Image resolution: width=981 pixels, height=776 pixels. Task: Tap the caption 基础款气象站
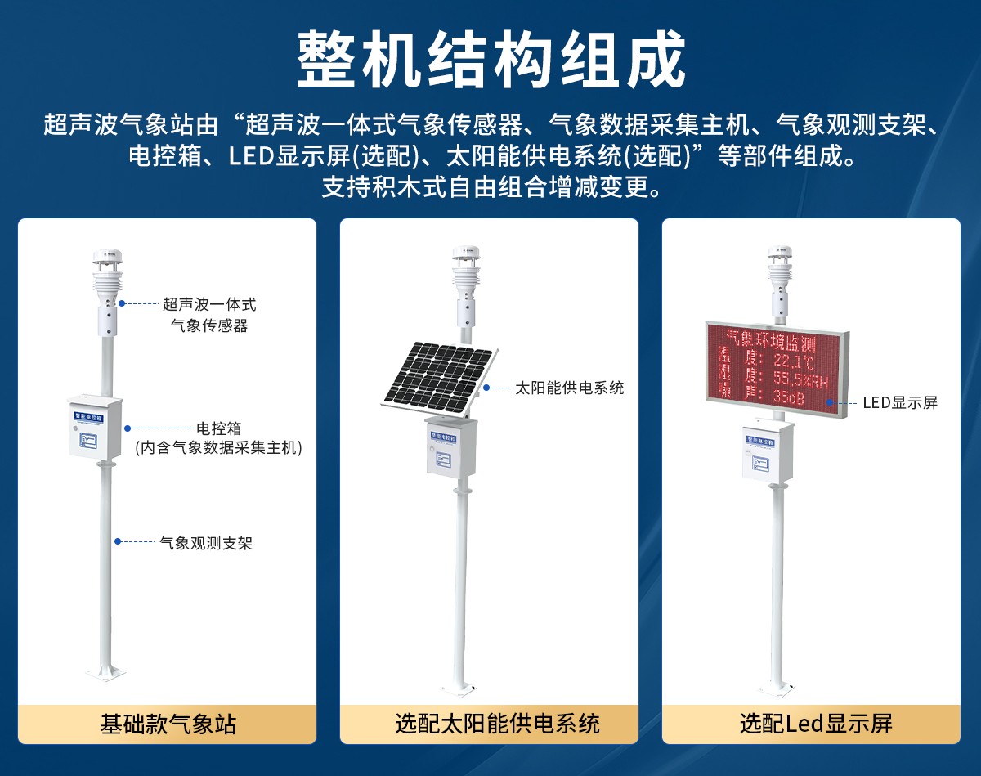(x=168, y=724)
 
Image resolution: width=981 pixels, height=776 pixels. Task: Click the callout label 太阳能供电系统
(x=569, y=388)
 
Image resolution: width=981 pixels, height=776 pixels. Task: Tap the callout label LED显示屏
(x=900, y=402)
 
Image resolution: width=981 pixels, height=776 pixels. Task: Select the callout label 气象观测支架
(x=206, y=542)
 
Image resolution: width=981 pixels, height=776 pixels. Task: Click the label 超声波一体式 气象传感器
(x=209, y=315)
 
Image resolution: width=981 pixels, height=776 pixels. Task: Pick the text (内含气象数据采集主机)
(x=218, y=447)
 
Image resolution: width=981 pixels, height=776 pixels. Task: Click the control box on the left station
(x=94, y=427)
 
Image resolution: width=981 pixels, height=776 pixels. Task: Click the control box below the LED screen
(x=768, y=451)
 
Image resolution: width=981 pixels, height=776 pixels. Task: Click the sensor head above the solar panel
(x=465, y=282)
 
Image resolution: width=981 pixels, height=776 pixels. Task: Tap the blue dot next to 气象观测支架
(x=118, y=541)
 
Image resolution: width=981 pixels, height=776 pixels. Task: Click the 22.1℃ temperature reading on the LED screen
(x=793, y=361)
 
